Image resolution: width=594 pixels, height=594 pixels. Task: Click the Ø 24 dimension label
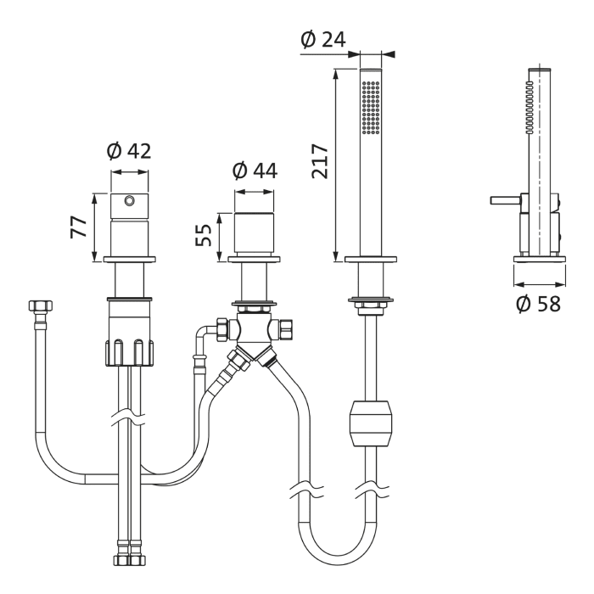pos(323,39)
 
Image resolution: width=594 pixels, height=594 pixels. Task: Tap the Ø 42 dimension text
pos(129,151)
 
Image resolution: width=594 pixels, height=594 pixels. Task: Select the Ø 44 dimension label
pos(255,171)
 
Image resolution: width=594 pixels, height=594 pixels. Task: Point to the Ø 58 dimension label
pos(538,304)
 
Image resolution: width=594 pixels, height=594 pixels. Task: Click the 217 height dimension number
pos(320,160)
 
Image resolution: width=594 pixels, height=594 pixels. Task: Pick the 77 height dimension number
pos(79,227)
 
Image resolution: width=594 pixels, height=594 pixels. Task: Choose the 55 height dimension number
pos(204,235)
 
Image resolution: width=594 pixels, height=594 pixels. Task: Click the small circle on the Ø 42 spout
pos(130,199)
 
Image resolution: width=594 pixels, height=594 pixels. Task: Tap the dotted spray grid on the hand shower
pos(371,107)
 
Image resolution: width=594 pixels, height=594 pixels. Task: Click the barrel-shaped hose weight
pos(371,423)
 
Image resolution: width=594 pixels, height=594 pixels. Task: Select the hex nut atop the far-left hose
pos(41,305)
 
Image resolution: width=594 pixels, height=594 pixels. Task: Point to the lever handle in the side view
pos(506,200)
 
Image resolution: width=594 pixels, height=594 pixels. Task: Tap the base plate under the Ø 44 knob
pos(255,260)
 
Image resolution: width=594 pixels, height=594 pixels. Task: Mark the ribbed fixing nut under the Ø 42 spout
pos(130,352)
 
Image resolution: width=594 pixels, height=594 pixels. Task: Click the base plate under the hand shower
pos(371,260)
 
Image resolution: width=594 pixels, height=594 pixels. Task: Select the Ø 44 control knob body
pos(255,233)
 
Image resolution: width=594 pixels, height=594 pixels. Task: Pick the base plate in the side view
pos(540,260)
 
